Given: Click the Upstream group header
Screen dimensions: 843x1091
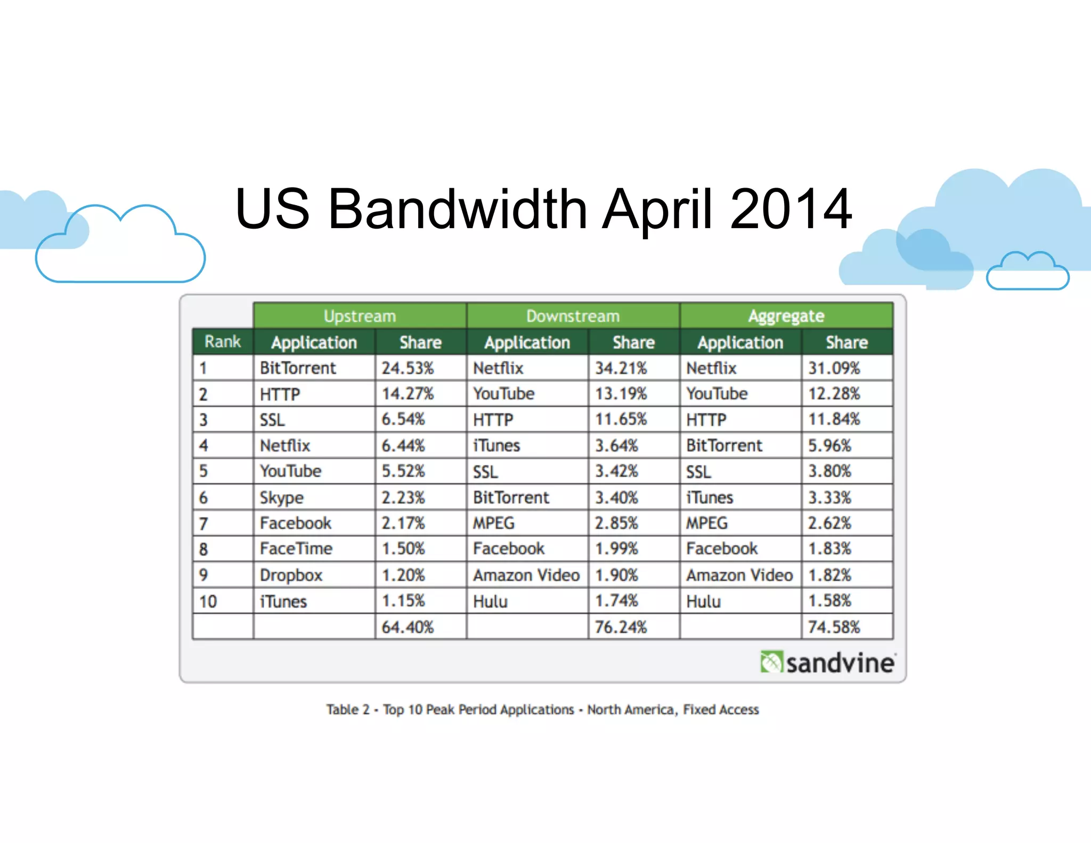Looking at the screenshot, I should tap(360, 316).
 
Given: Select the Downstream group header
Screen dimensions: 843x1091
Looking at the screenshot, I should tap(573, 316).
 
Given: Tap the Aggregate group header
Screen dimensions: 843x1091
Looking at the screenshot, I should tap(786, 316).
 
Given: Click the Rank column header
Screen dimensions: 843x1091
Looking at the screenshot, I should tap(223, 342).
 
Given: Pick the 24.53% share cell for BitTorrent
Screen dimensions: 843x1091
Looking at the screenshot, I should tap(408, 368).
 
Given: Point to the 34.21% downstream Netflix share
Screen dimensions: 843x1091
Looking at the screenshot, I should tap(621, 368).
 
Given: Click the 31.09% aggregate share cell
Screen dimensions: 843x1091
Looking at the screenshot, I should tap(834, 368).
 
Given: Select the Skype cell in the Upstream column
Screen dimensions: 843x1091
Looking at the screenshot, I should tap(281, 498).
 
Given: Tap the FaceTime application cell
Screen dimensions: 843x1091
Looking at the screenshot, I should tap(296, 548).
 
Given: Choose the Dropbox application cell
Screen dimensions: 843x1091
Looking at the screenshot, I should tap(291, 575).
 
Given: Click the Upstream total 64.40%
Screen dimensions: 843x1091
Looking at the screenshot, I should tap(408, 627).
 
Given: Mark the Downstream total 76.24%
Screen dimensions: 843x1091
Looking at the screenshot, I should tap(621, 627).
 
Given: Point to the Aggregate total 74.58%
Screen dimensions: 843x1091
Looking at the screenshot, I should tap(834, 627).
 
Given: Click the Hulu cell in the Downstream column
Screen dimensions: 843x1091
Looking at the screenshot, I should tap(490, 601).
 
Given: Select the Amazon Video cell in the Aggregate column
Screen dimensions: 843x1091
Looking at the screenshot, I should tap(739, 575).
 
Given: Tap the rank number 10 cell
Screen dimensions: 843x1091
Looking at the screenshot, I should tap(208, 601).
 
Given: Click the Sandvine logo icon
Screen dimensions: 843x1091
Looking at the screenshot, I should tap(771, 662).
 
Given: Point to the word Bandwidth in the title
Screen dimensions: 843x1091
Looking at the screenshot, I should tap(458, 209).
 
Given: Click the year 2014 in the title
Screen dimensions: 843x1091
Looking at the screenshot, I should tap(791, 209).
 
